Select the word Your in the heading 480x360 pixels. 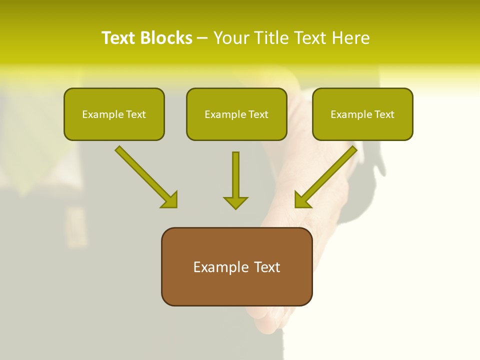coord(231,38)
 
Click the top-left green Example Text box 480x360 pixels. coord(114,114)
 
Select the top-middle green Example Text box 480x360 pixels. coord(236,114)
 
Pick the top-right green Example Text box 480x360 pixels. coord(362,114)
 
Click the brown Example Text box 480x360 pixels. coord(236,266)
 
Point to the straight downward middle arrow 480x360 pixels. coord(235,175)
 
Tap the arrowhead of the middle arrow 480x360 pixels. coord(235,202)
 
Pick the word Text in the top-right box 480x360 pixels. coord(384,114)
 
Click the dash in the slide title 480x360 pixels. coord(202,38)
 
